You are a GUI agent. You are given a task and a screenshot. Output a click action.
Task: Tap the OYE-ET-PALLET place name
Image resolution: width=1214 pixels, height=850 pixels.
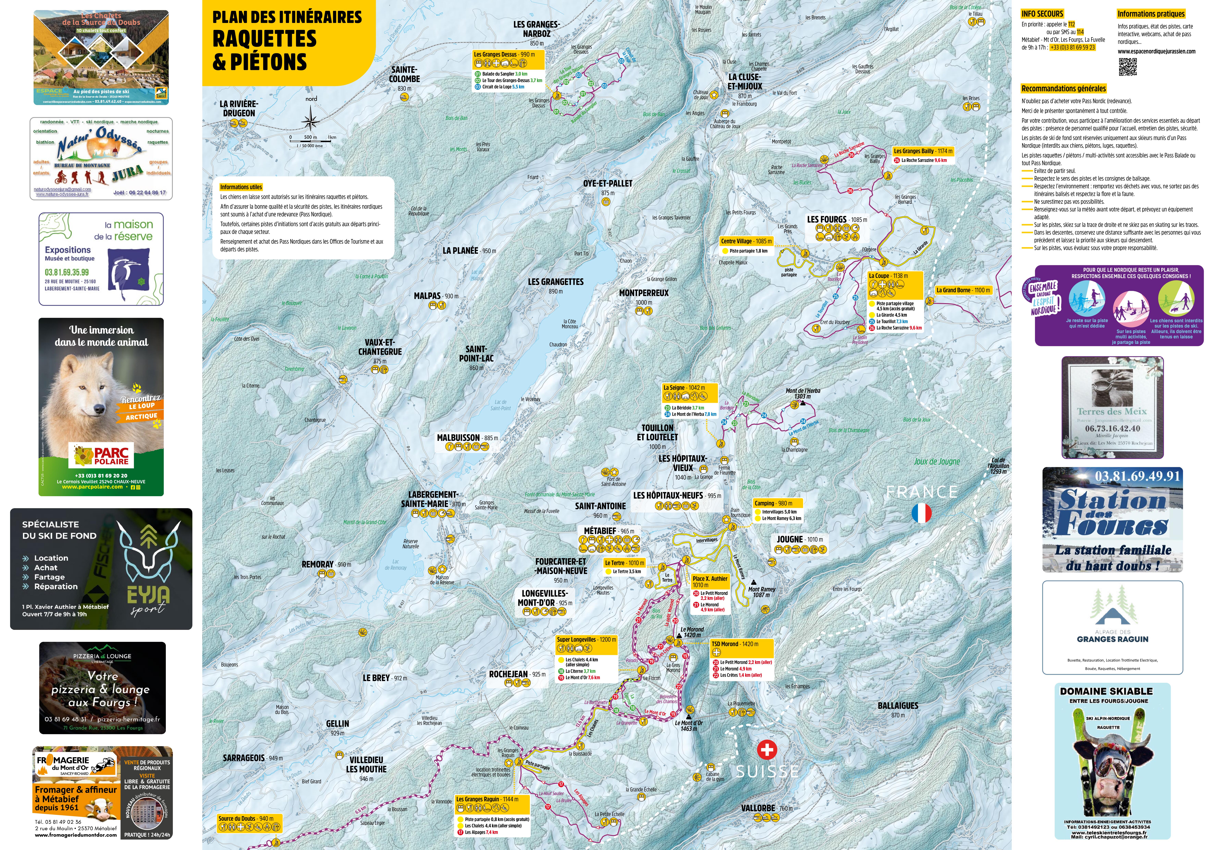click(608, 184)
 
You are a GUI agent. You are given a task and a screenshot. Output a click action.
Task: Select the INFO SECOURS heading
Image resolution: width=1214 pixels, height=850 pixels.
click(1042, 14)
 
